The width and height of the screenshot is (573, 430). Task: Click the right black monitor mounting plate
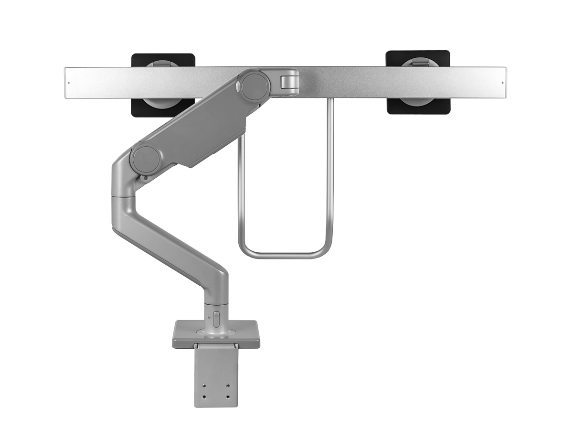click(418, 106)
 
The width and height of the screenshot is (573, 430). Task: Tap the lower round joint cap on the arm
click(145, 160)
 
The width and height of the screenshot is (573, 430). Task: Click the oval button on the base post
click(215, 319)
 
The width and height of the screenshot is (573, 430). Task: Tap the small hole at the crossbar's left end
click(69, 83)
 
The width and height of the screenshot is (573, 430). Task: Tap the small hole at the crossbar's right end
click(502, 83)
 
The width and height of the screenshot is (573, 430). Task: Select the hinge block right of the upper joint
click(289, 80)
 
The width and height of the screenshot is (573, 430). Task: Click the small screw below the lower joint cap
click(144, 179)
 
